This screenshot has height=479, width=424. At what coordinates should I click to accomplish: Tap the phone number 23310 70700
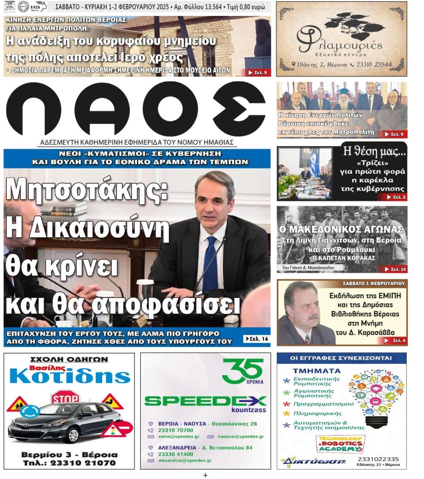(x=176, y=430)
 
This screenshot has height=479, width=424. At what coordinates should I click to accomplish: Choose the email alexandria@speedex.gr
(x=185, y=460)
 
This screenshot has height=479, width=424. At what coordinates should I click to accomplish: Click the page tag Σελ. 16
(x=256, y=339)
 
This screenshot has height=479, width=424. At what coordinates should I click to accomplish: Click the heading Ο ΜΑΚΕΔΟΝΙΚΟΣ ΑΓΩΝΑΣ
(x=342, y=229)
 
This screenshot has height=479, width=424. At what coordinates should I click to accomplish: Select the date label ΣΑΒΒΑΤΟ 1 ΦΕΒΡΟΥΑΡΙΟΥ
(x=373, y=283)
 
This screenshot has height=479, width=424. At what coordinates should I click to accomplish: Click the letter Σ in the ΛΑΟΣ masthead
(x=238, y=109)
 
